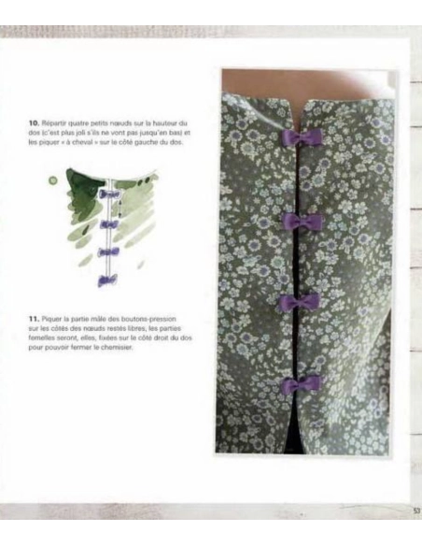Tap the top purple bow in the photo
[x=304, y=138]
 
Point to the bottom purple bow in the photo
[x=304, y=385]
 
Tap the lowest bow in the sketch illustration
[x=107, y=280]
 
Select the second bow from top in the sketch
[x=109, y=224]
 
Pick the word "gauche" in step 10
[x=156, y=141]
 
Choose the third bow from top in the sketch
[x=108, y=251]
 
